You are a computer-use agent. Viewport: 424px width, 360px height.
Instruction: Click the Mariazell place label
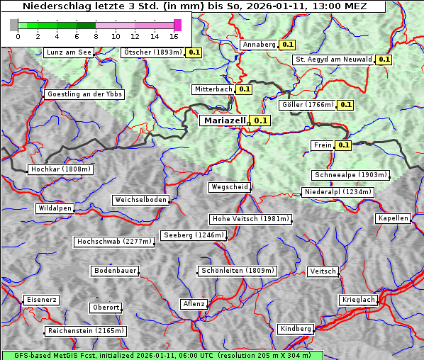224,120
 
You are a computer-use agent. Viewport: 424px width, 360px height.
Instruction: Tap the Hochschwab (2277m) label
114,242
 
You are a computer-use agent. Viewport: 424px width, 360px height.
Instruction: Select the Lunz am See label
69,52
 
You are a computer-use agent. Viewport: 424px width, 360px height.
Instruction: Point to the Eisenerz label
41,300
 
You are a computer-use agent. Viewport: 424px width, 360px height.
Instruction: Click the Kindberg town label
296,329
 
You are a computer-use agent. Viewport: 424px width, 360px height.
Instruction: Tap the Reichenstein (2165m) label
86,331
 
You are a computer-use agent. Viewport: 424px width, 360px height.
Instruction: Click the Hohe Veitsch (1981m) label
250,219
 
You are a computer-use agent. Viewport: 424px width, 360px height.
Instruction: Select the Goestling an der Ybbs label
84,94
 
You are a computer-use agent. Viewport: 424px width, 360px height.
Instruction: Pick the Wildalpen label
55,208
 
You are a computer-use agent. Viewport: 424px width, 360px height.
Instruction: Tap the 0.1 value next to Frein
343,145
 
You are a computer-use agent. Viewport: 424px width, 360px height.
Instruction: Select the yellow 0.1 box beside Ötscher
194,52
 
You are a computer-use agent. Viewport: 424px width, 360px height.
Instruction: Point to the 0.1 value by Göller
345,105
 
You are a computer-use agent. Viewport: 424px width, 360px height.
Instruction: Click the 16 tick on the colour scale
174,36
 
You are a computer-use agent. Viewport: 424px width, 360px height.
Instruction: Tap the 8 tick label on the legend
95,36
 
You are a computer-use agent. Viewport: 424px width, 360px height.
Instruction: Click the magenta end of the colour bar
178,25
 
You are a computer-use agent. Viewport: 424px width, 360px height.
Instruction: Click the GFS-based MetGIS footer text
162,355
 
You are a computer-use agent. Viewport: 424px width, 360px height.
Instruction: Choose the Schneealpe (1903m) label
351,175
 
